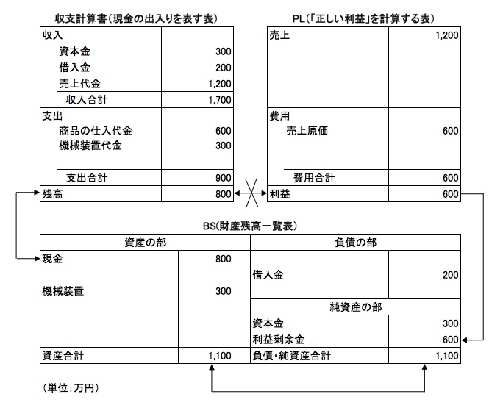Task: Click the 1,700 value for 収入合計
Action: point(220,100)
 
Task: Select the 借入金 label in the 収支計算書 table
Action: point(74,68)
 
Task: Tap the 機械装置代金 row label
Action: point(90,146)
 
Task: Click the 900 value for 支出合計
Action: point(224,178)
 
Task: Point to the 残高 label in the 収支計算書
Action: point(52,194)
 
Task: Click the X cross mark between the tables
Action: point(251,193)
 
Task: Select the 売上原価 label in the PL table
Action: point(307,131)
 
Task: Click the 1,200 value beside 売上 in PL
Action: point(447,35)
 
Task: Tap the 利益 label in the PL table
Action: point(279,194)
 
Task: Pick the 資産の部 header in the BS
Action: point(146,243)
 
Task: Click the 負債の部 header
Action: point(355,243)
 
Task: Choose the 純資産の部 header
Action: point(355,307)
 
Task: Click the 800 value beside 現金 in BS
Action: point(224,259)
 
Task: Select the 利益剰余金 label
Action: point(279,340)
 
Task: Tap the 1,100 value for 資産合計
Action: point(220,356)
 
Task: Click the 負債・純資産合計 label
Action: point(291,356)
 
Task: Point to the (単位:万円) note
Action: point(71,388)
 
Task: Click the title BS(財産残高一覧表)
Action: point(250,226)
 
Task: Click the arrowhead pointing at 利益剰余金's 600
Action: point(464,340)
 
